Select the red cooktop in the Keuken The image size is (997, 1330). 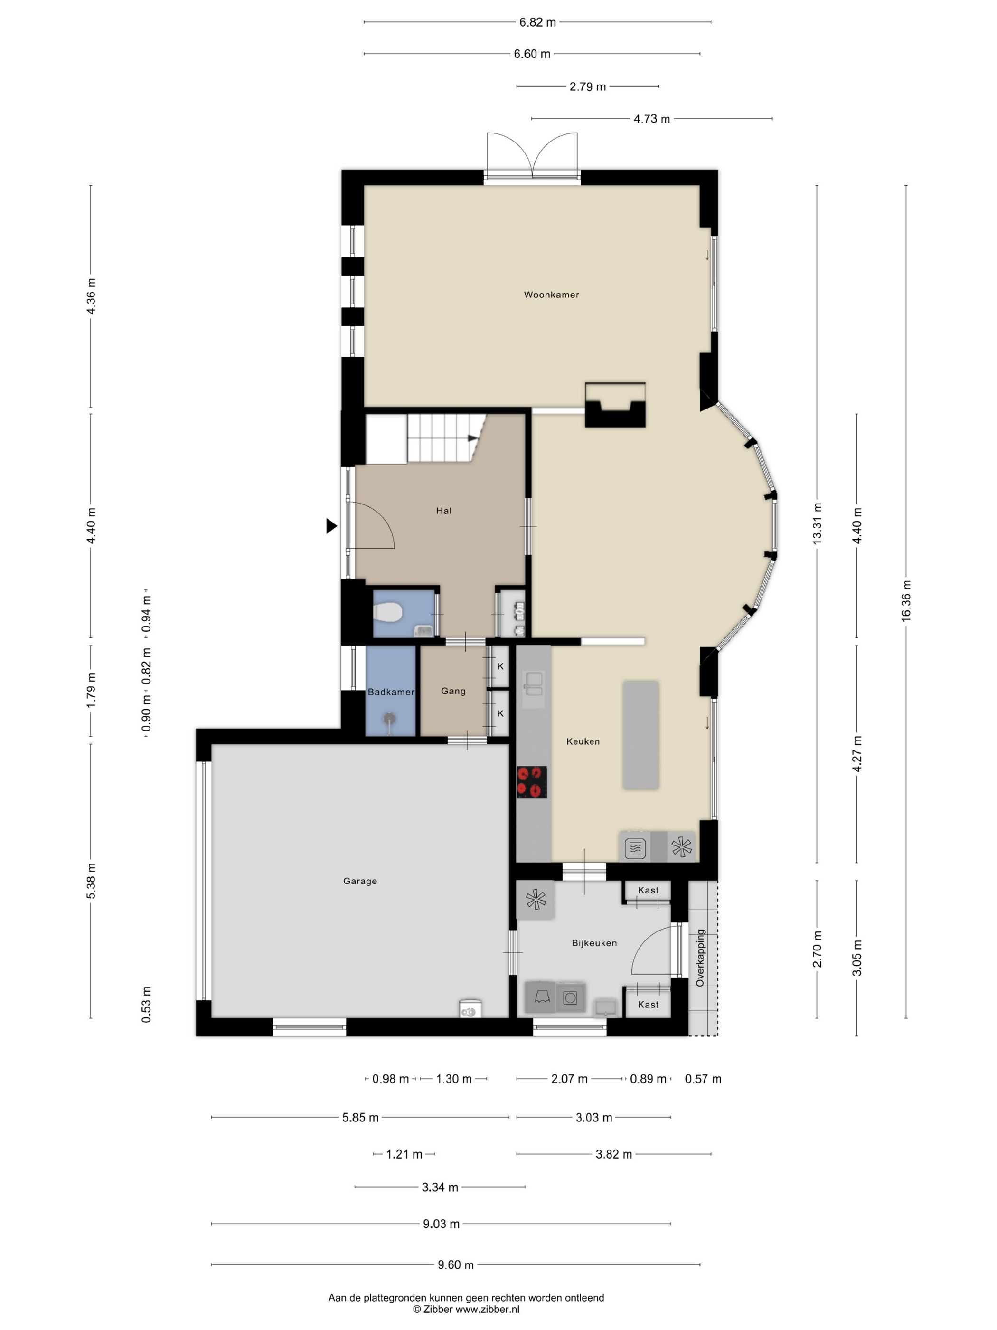[532, 782]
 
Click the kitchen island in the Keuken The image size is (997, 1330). [640, 735]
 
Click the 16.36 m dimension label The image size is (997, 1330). [906, 601]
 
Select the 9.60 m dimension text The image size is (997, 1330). [455, 1265]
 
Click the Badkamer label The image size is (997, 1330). [391, 692]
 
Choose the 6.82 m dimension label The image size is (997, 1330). [538, 22]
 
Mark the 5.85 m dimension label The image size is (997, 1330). [360, 1118]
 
